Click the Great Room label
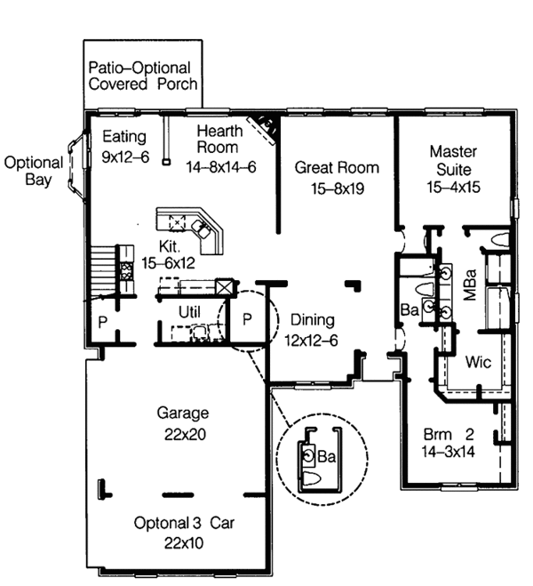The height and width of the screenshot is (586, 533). tap(337, 177)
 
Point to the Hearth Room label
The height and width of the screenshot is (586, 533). tap(220, 149)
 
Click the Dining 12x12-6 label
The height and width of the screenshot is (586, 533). tap(311, 329)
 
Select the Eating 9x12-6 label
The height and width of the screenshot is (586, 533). tap(124, 146)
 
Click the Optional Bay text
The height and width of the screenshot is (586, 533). tap(34, 171)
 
